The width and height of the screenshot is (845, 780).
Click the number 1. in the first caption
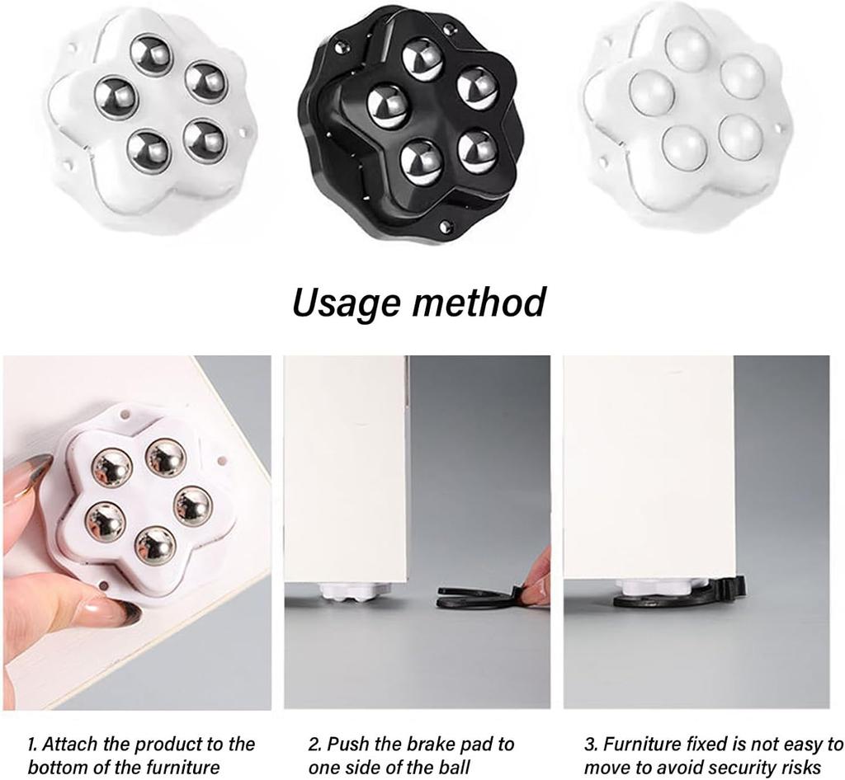34,745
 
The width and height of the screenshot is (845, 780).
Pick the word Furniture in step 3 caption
643,745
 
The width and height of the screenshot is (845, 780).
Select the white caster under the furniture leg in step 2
346,590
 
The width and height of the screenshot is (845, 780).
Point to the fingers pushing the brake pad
536,581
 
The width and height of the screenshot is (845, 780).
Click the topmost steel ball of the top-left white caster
150,54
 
